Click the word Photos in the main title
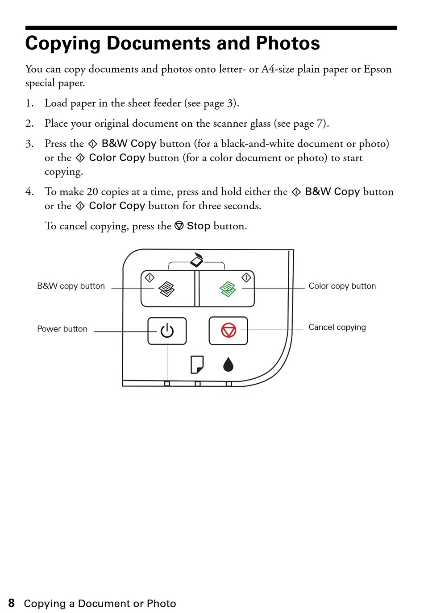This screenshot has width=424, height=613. (x=288, y=43)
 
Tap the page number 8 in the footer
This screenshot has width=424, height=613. (x=11, y=603)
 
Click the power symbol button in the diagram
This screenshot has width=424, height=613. (x=167, y=331)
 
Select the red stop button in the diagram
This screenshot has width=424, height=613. (x=229, y=331)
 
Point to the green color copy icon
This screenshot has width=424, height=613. (x=228, y=289)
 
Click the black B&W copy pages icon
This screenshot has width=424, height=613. (x=166, y=289)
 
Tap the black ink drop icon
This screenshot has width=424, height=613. (x=228, y=364)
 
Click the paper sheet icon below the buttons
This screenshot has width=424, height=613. (x=197, y=364)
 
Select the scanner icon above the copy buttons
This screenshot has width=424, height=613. (x=197, y=260)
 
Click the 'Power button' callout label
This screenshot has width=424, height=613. (x=62, y=329)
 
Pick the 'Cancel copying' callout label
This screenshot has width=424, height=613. (x=337, y=327)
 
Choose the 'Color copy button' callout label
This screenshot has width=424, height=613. (x=342, y=286)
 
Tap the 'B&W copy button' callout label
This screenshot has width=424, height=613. (x=71, y=286)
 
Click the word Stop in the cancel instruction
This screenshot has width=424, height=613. (x=198, y=226)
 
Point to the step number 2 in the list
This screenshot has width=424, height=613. (x=29, y=124)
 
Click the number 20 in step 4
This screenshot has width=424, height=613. (x=92, y=192)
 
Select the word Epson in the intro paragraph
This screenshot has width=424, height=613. (x=378, y=69)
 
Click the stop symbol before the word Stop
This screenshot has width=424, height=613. (x=179, y=226)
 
